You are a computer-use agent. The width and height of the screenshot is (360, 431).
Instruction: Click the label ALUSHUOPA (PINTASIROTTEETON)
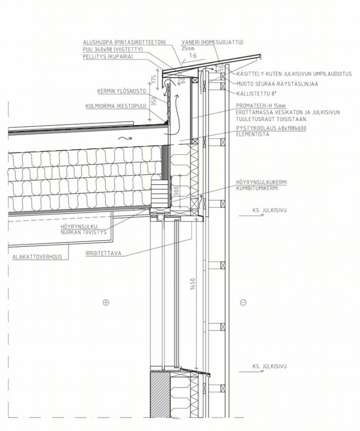click(x=125, y=42)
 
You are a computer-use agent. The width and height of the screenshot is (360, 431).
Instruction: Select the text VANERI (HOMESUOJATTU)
click(x=212, y=42)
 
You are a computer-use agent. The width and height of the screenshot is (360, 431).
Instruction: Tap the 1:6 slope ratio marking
click(x=193, y=55)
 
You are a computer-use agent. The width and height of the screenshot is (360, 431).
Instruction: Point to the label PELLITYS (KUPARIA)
click(x=108, y=57)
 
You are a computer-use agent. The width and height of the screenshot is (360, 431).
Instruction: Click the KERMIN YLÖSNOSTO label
click(x=121, y=91)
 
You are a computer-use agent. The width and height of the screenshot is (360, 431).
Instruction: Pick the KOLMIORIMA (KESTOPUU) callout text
click(x=116, y=106)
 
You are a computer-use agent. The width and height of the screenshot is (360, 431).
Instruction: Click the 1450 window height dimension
click(x=193, y=284)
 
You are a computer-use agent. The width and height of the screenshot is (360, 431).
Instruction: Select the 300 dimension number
click(x=177, y=191)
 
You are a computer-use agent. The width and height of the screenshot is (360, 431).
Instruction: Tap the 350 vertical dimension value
click(x=154, y=101)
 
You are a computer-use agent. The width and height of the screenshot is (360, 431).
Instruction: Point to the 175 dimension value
click(x=154, y=80)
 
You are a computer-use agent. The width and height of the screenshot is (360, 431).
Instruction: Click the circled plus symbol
click(x=106, y=302)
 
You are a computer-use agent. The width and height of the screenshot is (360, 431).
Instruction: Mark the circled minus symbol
click(x=243, y=302)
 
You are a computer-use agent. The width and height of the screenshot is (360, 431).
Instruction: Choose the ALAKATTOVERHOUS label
click(x=37, y=257)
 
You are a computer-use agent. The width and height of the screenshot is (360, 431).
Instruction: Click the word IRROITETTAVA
click(x=103, y=253)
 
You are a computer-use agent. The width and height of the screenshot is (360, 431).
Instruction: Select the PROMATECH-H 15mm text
click(x=261, y=106)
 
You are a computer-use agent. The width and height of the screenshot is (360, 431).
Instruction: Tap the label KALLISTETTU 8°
click(x=256, y=93)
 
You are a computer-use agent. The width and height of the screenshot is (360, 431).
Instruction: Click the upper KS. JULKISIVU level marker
click(x=270, y=211)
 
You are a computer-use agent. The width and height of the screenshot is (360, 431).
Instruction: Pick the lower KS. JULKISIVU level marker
click(x=270, y=367)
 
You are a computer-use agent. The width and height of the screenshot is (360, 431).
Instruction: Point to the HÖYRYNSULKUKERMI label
click(x=261, y=182)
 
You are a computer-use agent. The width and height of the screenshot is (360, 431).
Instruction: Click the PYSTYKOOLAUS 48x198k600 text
click(x=271, y=128)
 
